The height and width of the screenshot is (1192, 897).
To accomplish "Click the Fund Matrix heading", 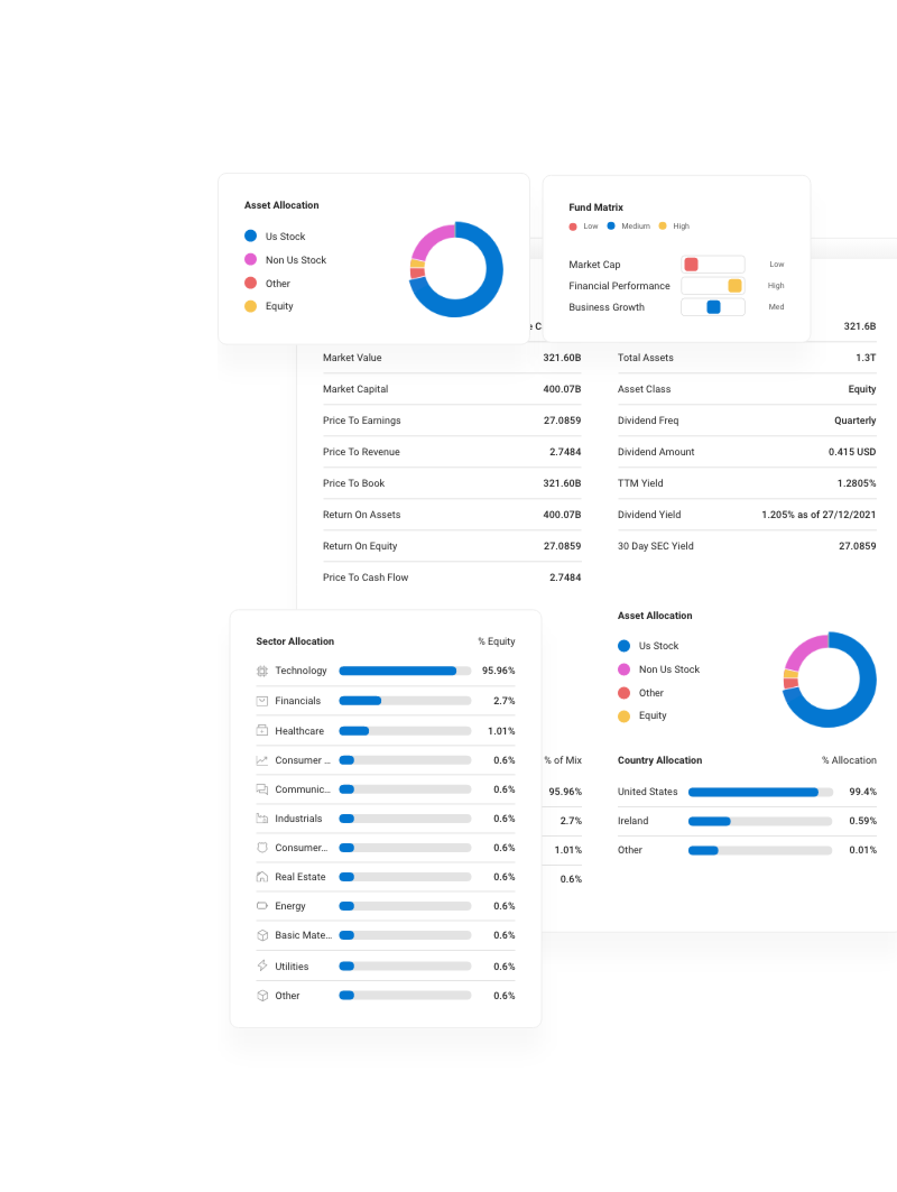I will (595, 207).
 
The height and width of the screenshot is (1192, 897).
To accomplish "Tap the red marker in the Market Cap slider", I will (691, 265).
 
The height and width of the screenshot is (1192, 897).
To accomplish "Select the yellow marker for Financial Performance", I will (734, 286).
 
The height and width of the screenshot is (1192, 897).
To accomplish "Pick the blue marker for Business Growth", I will (713, 307).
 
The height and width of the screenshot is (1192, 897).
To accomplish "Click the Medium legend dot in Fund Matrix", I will (611, 226).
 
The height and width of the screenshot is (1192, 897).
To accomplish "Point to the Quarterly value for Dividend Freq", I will (854, 421).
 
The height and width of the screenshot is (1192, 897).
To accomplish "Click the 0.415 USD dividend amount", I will (852, 452).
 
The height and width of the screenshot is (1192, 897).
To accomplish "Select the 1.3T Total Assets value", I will (865, 358).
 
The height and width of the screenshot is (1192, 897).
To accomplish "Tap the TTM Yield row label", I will (640, 483).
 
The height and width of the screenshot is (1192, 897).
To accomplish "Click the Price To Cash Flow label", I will (365, 577).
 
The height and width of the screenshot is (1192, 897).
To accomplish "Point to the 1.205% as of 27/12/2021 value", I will (818, 515).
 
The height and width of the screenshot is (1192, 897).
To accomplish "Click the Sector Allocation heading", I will (295, 641).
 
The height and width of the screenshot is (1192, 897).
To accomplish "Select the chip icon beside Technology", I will (262, 671).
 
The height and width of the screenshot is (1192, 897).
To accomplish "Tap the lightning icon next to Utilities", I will (262, 965).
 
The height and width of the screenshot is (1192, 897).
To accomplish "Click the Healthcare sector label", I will (299, 731).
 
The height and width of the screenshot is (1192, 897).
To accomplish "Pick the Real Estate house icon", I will (262, 877).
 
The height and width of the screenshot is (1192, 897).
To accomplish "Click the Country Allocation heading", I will (659, 760).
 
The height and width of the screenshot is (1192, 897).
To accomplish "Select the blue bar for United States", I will (753, 792).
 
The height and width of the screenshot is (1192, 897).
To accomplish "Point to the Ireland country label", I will (632, 821).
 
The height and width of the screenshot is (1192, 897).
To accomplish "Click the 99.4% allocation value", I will (862, 792).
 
